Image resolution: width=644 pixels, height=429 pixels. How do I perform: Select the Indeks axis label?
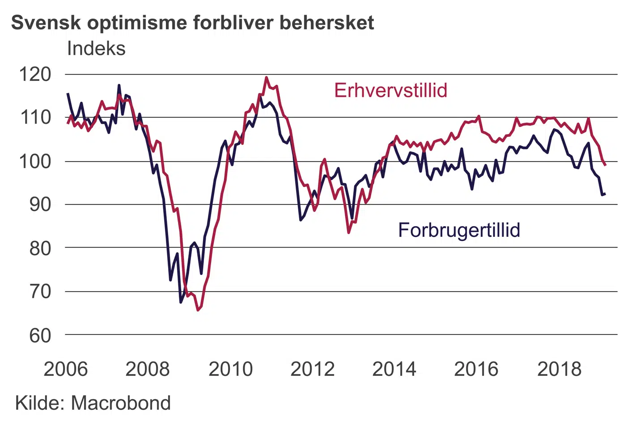[96, 48]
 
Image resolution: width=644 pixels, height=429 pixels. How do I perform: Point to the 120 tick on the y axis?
[35, 74]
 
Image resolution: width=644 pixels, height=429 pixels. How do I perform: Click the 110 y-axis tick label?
[35, 118]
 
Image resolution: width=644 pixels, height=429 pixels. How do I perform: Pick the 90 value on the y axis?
[40, 205]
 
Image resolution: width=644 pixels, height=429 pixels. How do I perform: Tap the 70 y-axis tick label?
[40, 291]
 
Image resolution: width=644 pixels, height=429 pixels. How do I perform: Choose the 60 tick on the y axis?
[40, 335]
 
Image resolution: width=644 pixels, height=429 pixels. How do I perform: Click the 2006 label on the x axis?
[66, 369]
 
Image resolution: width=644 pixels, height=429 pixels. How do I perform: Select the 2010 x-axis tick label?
[230, 369]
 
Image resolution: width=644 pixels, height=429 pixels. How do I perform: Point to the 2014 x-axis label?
[394, 369]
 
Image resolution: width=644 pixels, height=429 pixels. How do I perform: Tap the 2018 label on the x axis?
[559, 369]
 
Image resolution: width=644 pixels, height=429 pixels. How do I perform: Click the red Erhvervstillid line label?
[390, 90]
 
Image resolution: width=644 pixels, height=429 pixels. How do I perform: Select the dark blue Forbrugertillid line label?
[459, 230]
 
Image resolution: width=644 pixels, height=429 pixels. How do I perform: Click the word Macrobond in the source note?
[121, 403]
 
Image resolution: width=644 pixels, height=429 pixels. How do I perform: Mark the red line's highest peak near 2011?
[267, 78]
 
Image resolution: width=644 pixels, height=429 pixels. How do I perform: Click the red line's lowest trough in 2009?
[198, 310]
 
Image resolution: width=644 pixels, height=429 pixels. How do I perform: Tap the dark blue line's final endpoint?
[605, 194]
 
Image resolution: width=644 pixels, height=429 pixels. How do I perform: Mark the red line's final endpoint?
[605, 165]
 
